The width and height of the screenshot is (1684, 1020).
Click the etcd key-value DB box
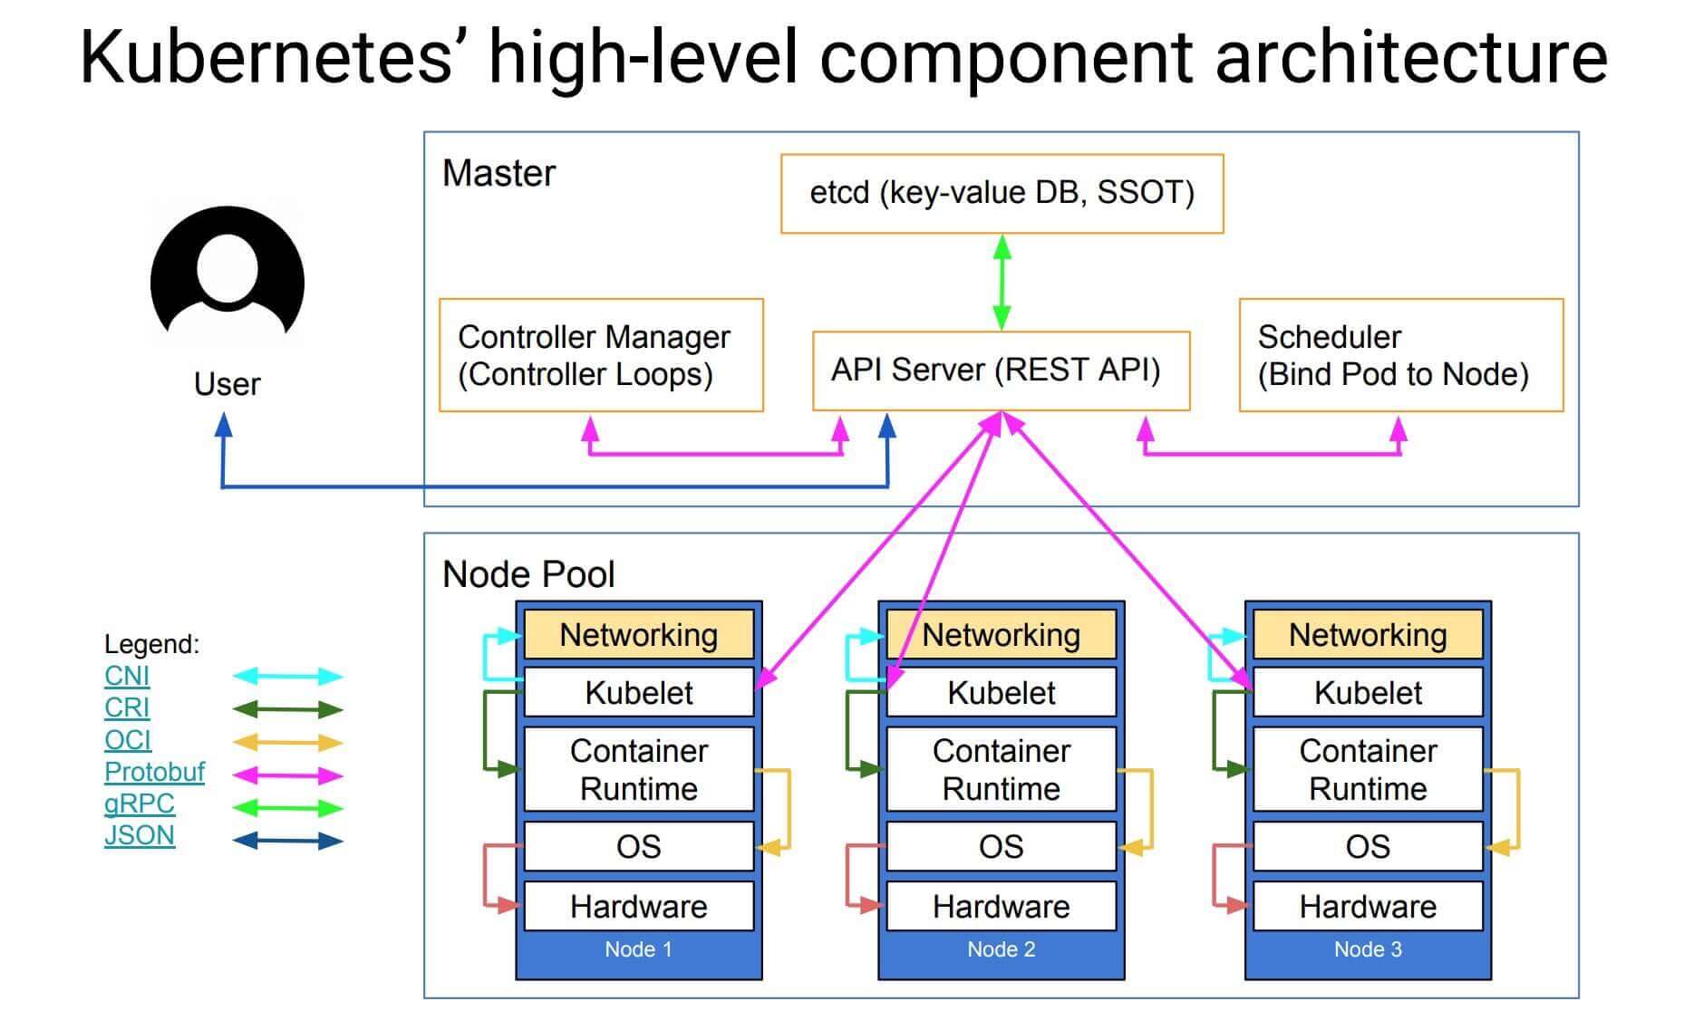pyautogui.click(x=1002, y=193)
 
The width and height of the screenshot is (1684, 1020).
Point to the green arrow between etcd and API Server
pyautogui.click(x=1002, y=281)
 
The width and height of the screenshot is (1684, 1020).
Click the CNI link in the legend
pyautogui.click(x=126, y=676)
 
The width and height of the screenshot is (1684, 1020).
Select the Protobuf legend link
pyautogui.click(x=154, y=772)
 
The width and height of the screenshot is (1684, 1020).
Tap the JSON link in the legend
pyautogui.click(x=139, y=835)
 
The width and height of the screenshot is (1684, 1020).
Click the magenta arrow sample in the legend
pyautogui.click(x=287, y=775)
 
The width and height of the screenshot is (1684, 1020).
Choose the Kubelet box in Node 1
pyautogui.click(x=638, y=693)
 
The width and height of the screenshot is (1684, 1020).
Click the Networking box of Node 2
pyautogui.click(x=1001, y=635)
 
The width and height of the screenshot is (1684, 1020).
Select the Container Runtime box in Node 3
pyautogui.click(x=1367, y=769)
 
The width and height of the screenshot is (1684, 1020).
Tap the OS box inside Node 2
pyautogui.click(x=1001, y=846)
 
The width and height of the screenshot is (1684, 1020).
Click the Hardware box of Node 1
pyautogui.click(x=638, y=906)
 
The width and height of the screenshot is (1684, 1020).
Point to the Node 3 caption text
pyautogui.click(x=1367, y=949)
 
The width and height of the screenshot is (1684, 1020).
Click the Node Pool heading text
pyautogui.click(x=528, y=574)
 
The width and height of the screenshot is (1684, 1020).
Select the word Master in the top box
pyautogui.click(x=498, y=173)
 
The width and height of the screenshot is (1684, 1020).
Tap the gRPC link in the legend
pyautogui.click(x=139, y=803)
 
